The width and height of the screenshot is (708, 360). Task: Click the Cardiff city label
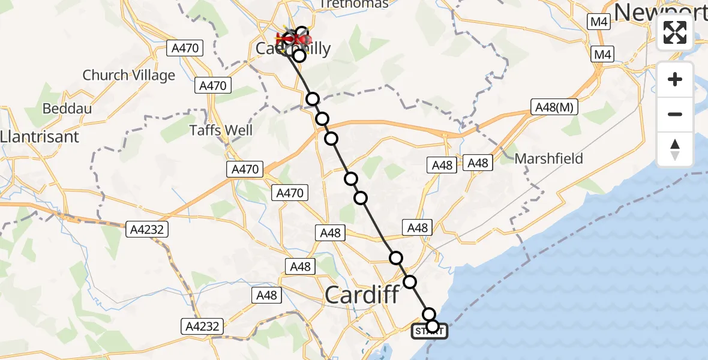coord(362,295)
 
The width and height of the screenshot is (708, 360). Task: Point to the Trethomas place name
coord(353,4)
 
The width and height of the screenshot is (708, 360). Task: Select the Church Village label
coord(129,76)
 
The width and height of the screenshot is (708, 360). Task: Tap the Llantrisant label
coord(40,137)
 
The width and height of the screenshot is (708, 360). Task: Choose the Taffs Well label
coord(221,130)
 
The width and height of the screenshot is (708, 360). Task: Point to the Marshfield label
coord(549,158)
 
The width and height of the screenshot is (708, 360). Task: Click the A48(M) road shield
coord(554,108)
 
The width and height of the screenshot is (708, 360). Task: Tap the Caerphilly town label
coord(293,48)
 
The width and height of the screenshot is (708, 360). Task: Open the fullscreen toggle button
coord(675,32)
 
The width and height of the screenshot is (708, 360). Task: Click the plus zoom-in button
coord(675,79)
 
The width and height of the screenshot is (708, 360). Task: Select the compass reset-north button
coord(675,149)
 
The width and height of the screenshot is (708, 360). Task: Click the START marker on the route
coord(430,331)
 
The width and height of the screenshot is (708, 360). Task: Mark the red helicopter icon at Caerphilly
coord(294,40)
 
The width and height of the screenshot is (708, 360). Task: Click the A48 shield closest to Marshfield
coord(478,163)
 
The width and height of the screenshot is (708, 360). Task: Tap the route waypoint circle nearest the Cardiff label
coord(410,281)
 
